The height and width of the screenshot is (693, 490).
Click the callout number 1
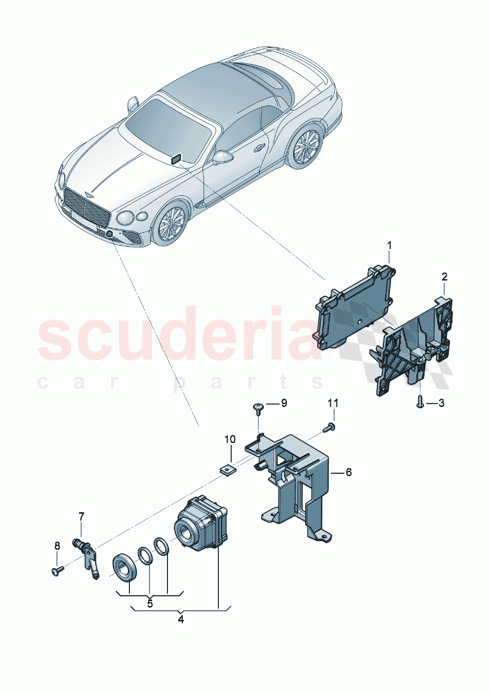click(389, 245)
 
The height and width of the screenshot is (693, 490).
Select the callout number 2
click(444, 277)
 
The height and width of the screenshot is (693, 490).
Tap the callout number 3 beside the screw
click(441, 404)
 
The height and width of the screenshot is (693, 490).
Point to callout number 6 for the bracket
click(349, 473)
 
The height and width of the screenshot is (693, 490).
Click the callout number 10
click(230, 439)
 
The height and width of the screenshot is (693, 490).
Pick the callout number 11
click(333, 403)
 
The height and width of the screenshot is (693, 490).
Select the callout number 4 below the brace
click(181, 619)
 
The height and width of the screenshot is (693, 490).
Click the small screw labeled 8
click(56, 571)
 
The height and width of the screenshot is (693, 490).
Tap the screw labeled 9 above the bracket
click(258, 407)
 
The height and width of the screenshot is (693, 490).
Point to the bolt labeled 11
click(329, 428)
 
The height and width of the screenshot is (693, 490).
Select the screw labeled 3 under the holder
click(419, 402)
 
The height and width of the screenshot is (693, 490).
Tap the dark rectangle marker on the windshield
click(176, 159)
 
